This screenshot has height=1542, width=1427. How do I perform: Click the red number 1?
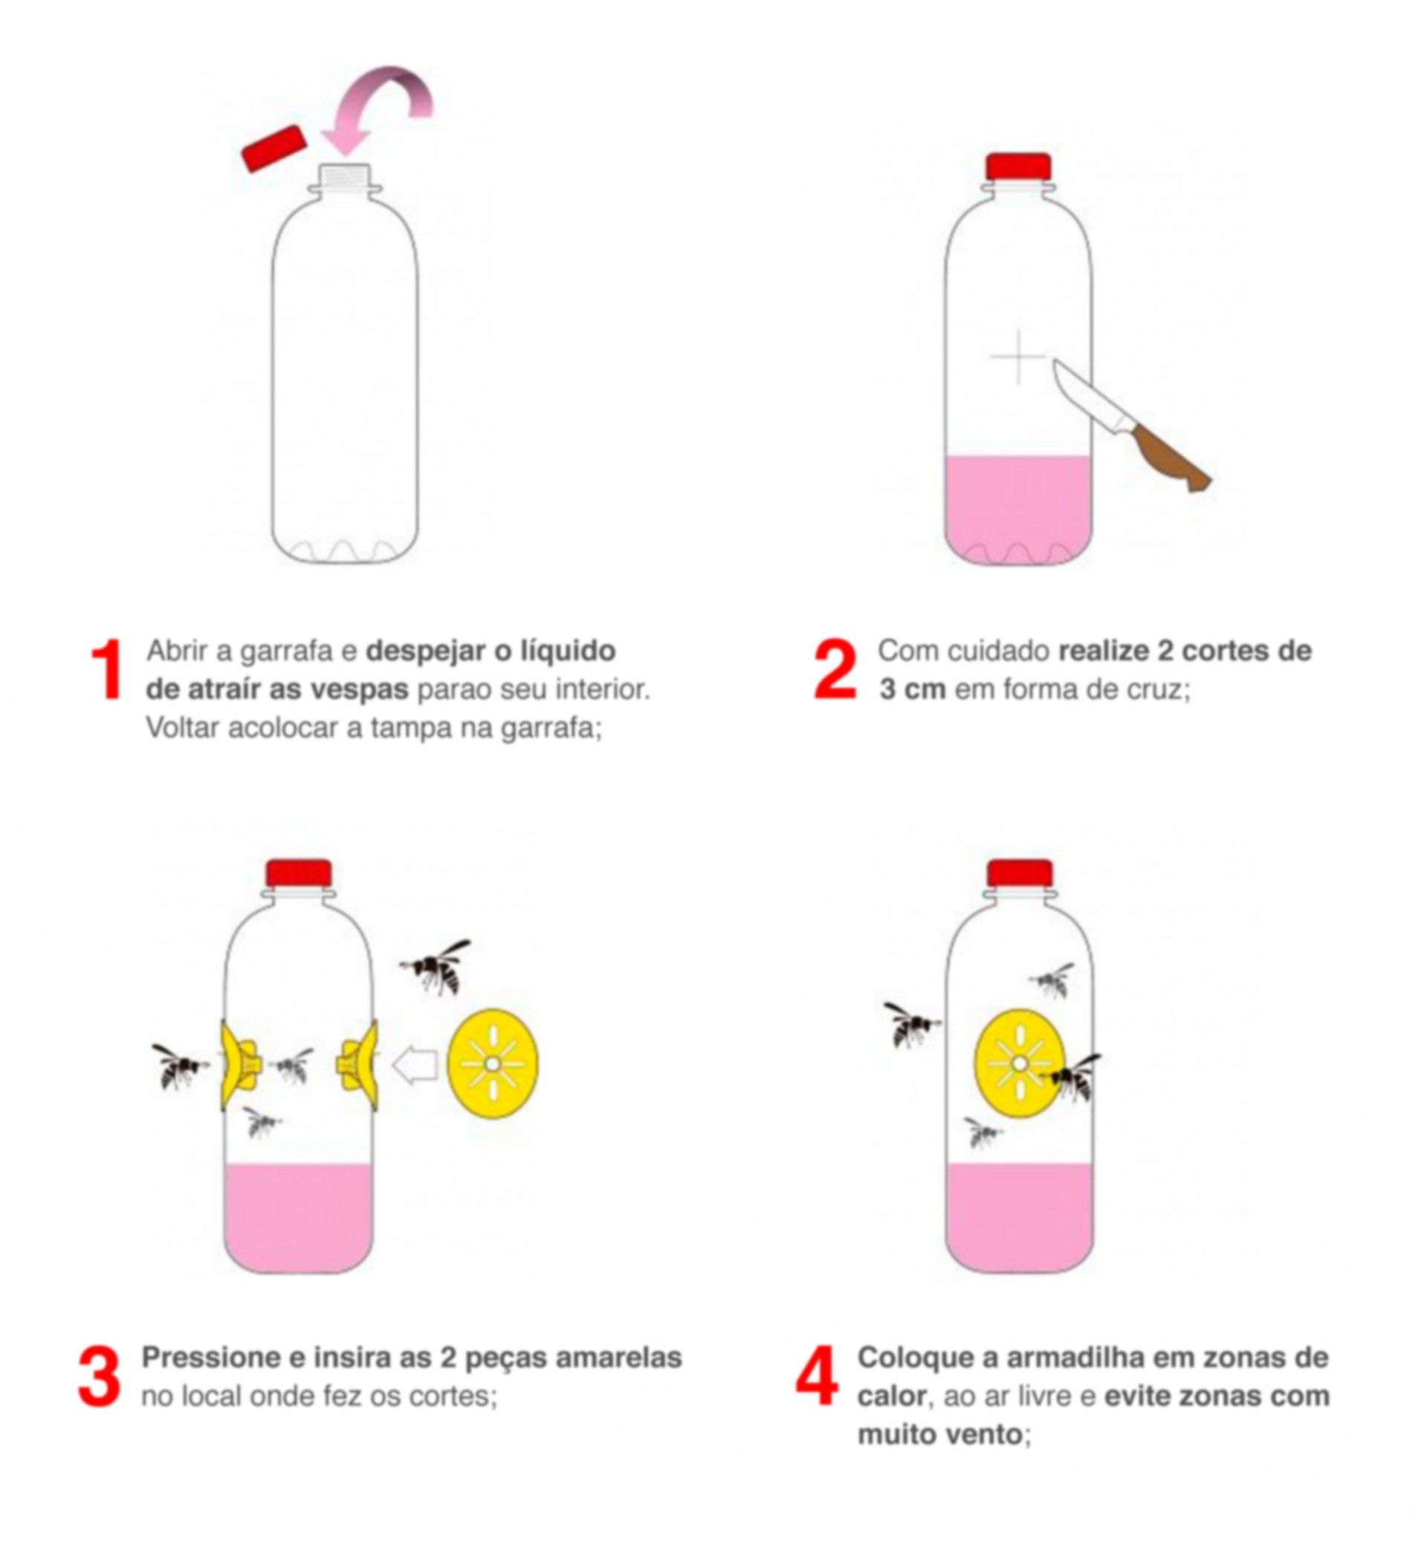(107, 670)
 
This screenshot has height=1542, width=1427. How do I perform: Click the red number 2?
(835, 670)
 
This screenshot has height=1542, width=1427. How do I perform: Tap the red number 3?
(100, 1377)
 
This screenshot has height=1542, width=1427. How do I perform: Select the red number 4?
(817, 1377)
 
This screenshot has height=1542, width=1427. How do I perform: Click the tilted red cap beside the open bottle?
(274, 148)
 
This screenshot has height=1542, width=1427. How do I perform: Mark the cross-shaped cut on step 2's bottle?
(1017, 357)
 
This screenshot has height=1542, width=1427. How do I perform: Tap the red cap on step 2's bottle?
(1018, 166)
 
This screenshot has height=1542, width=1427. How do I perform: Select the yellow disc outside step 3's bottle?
(493, 1064)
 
